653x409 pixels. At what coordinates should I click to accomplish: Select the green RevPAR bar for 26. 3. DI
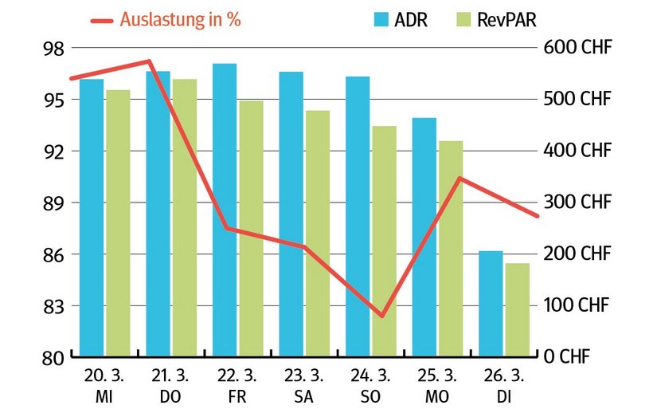(517, 309)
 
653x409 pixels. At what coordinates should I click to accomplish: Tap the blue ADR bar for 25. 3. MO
(424, 236)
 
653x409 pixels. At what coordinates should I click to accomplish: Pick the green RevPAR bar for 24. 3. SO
(384, 241)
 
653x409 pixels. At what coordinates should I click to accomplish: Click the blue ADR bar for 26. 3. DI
(491, 303)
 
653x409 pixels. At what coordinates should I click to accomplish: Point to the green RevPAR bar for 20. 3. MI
(118, 222)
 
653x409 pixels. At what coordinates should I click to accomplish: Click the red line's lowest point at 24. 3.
(382, 316)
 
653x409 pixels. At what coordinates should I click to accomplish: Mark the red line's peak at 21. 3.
(149, 61)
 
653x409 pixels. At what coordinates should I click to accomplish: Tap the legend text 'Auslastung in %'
(180, 20)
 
